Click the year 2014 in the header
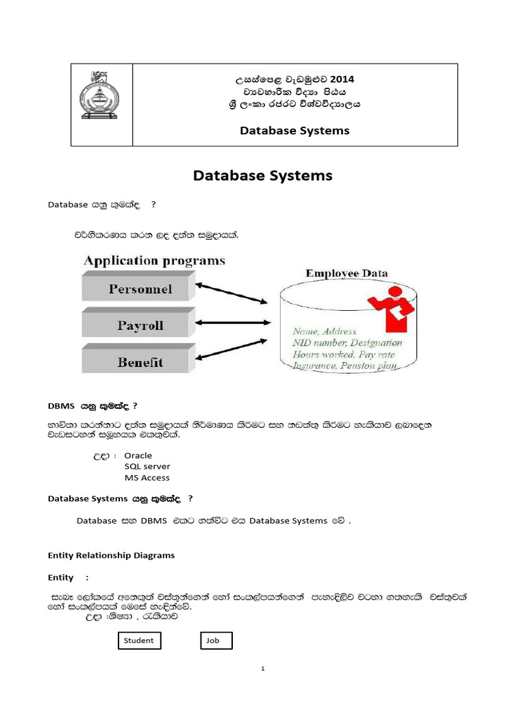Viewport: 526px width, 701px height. click(x=341, y=79)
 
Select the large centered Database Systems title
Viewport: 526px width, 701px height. click(x=262, y=176)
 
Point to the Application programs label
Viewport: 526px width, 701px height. click(x=154, y=261)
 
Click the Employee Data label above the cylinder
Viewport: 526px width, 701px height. click(x=347, y=273)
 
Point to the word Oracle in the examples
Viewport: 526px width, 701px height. click(x=138, y=455)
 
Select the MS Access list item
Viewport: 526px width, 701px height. click(x=147, y=478)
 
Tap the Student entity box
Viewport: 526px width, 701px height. click(x=139, y=641)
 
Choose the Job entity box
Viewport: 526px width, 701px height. click(x=216, y=641)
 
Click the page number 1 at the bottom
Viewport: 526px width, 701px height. click(x=262, y=669)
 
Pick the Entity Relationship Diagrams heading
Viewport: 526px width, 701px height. click(x=111, y=555)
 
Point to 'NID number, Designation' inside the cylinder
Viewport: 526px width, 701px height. click(x=347, y=342)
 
